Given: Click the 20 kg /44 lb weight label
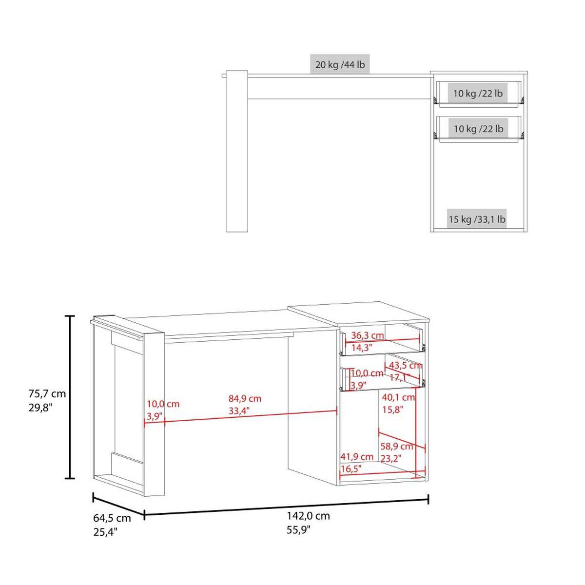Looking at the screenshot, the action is (340, 65).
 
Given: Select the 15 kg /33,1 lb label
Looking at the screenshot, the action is (477, 219).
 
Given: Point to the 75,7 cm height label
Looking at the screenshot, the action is (47, 394).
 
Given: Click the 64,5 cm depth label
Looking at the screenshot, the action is (112, 526).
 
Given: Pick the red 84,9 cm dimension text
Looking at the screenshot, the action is (245, 398).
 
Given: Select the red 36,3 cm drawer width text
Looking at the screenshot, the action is (368, 335).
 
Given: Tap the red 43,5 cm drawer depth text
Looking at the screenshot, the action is (406, 366).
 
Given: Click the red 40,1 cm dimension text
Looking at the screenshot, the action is (398, 397).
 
